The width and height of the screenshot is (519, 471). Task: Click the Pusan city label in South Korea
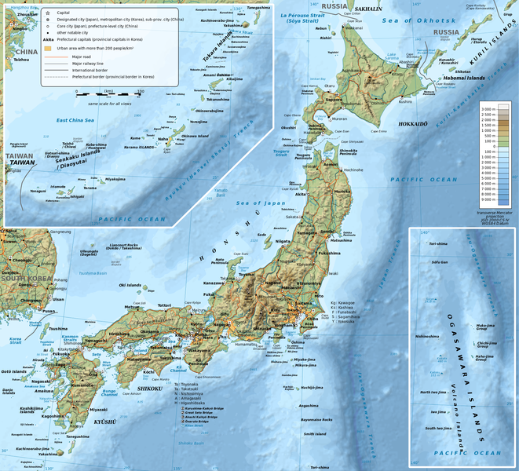click(49, 310)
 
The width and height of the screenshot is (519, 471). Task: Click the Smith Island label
click(315, 433)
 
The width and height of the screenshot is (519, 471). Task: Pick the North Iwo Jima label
click(433, 392)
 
